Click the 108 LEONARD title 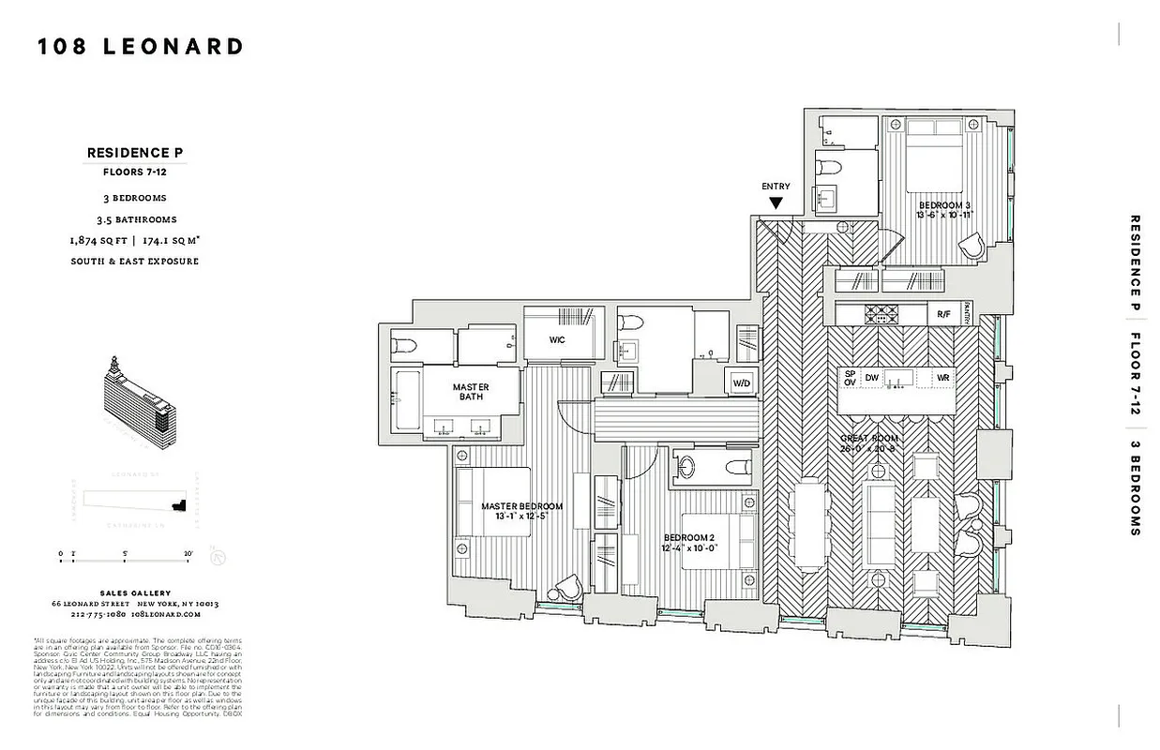[x=141, y=47]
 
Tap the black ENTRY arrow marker [x=776, y=202]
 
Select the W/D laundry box [x=741, y=382]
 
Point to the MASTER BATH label [x=471, y=393]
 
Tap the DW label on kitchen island [x=872, y=378]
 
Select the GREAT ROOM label [x=870, y=443]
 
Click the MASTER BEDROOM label [x=522, y=512]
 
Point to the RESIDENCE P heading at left [x=136, y=153]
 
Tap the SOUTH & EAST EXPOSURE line [x=135, y=262]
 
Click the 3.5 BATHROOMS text [x=135, y=219]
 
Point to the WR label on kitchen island [x=944, y=378]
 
